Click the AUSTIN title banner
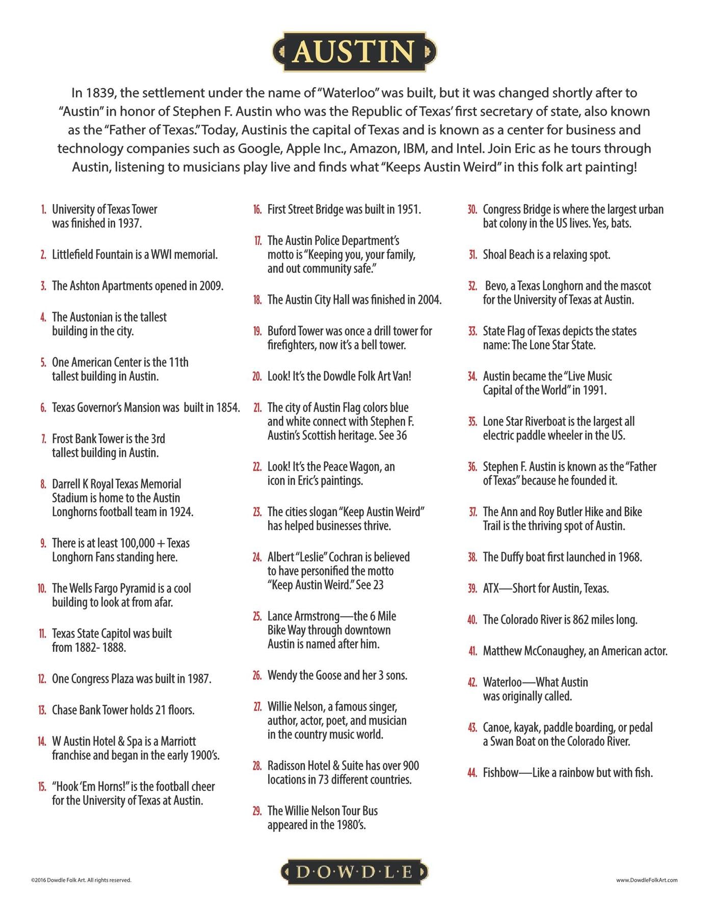(354, 52)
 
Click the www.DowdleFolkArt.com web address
(646, 880)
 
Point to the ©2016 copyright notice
(81, 880)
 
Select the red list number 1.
(44, 210)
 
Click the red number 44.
(472, 773)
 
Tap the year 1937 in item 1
(129, 223)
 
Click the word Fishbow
(501, 773)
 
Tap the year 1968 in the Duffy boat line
(628, 557)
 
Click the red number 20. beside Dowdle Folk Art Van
(257, 376)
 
